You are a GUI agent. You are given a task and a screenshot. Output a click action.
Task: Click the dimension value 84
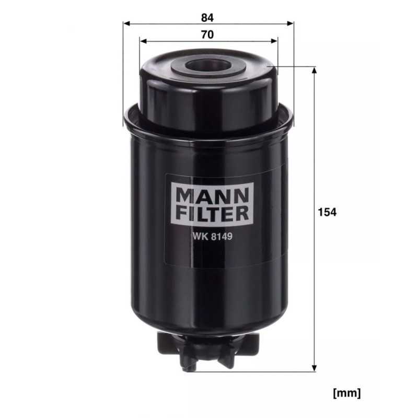pyautogui.click(x=207, y=17)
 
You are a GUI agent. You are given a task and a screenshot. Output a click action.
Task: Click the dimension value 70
pyautogui.click(x=207, y=35)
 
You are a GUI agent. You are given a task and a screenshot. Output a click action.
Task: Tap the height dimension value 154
pyautogui.click(x=328, y=212)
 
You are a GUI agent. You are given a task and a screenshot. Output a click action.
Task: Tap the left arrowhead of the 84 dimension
pyautogui.click(x=126, y=24)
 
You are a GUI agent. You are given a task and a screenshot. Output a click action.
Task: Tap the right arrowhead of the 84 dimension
pyautogui.click(x=291, y=24)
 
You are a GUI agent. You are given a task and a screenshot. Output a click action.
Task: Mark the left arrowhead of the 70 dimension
pyautogui.click(x=143, y=41)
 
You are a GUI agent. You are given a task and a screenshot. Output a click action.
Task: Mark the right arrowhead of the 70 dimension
pyautogui.click(x=275, y=41)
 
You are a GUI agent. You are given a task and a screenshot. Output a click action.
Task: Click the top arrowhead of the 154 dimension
pyautogui.click(x=314, y=71)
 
